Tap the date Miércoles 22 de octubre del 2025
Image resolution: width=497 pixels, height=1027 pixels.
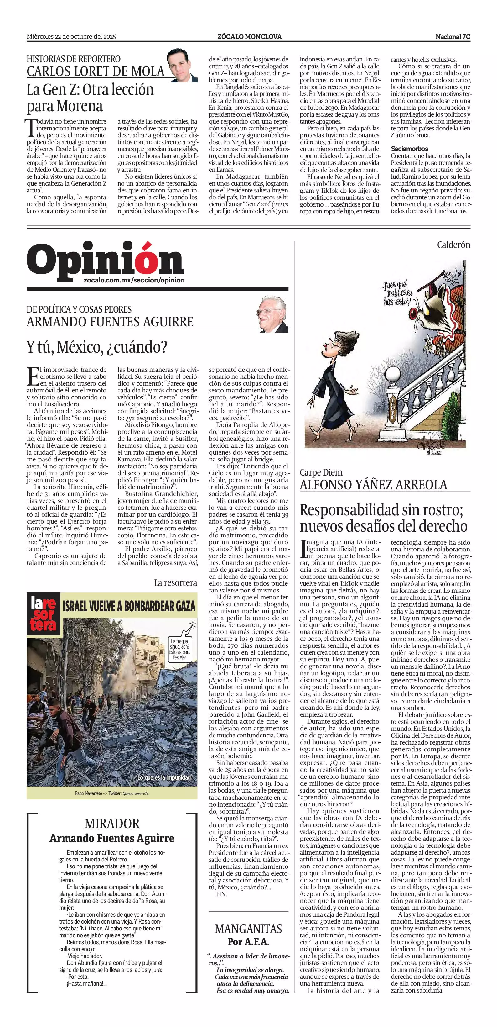pos(71,37)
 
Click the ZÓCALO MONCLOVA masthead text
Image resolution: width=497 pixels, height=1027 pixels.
pos(249,37)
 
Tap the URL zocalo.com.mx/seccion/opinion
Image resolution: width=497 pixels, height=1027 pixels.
pos(134,280)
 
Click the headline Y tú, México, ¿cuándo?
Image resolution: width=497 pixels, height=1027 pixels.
pos(97,347)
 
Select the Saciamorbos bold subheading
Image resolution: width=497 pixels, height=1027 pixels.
pos(409,149)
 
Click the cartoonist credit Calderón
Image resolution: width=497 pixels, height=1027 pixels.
pos(453,245)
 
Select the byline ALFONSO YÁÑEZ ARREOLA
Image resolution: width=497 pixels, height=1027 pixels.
pos(374,485)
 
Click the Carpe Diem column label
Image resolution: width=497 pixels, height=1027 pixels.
pos(321,472)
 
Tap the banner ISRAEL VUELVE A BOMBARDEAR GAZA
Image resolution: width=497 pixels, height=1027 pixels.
pos(129,606)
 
